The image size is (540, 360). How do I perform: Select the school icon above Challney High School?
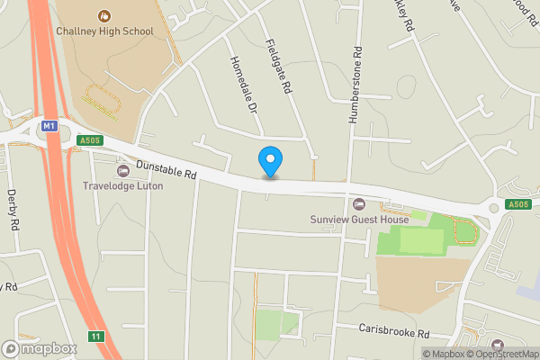(105, 15)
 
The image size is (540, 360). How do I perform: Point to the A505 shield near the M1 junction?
(89, 140)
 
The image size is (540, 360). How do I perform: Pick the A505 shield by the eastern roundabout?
(517, 205)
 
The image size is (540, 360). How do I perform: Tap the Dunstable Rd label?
(166, 168)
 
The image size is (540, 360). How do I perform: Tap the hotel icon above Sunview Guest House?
(359, 203)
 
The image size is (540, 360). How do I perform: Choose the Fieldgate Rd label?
(280, 67)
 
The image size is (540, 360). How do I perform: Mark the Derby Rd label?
(13, 210)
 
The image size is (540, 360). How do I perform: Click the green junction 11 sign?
(95, 337)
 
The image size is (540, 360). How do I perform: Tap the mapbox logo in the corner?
(39, 348)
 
